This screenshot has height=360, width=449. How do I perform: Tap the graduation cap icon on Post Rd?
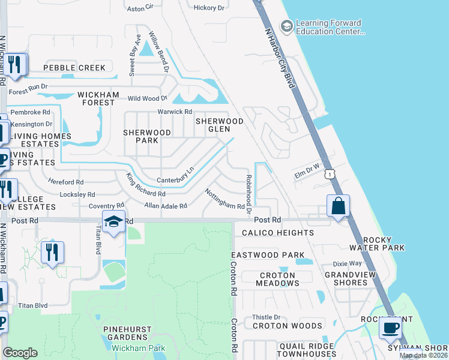coord(113,221)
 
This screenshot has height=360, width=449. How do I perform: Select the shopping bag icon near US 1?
coord(339,206)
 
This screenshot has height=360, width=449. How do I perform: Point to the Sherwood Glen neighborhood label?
coord(220,125)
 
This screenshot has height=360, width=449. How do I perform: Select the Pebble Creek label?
coord(74,68)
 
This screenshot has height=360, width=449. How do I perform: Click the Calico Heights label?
coord(278,233)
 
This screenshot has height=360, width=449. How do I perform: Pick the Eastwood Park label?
coord(268,255)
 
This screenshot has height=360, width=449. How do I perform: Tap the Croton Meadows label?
coord(278,280)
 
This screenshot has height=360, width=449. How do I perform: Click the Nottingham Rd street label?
coord(225,199)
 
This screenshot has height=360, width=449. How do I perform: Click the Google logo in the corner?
coord(20,353)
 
